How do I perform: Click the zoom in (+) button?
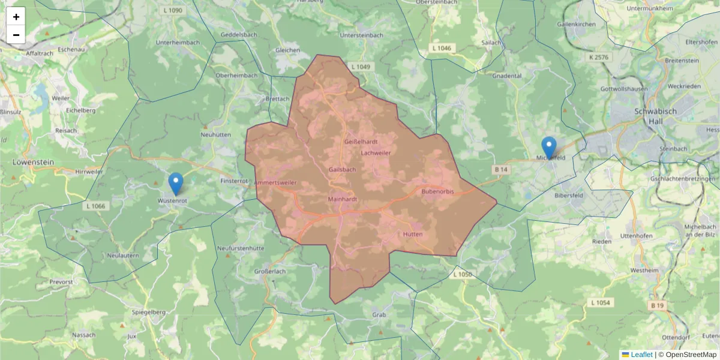(16, 17)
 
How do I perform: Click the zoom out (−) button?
(16, 35)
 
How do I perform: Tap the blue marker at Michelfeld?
(548, 148)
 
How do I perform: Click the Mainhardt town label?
(344, 199)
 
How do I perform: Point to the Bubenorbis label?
(438, 191)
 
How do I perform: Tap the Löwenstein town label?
(34, 162)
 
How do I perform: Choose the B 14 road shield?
(501, 170)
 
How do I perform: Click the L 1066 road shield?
(94, 206)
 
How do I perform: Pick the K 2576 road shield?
(598, 57)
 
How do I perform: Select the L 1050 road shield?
(463, 274)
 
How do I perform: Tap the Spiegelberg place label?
(148, 313)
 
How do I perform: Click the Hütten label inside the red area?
(413, 234)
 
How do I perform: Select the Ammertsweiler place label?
(275, 182)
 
